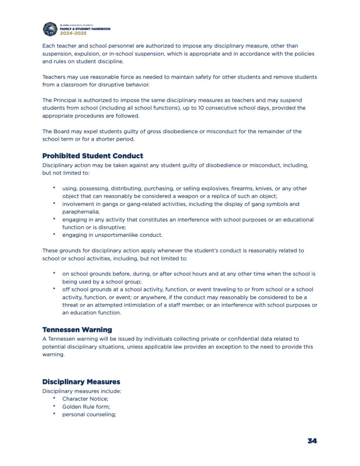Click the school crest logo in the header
(x=50, y=29)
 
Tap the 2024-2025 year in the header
(x=73, y=33)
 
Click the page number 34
(x=312, y=441)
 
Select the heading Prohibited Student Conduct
(x=93, y=156)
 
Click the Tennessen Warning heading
(x=77, y=330)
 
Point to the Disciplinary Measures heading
(x=81, y=382)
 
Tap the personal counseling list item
(x=89, y=414)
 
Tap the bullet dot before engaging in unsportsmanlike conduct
(x=54, y=234)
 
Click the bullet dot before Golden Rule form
(x=54, y=406)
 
